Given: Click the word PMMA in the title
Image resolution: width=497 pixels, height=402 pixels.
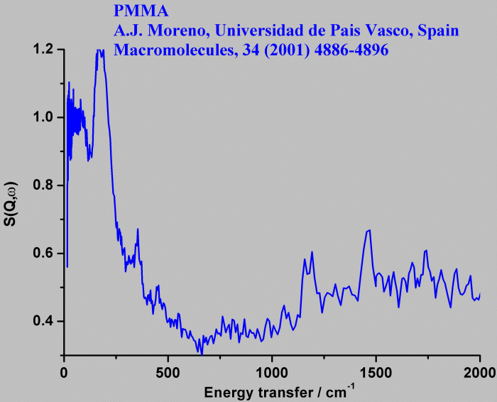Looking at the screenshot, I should click(x=135, y=12).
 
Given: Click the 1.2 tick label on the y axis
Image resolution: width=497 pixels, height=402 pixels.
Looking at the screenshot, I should click(x=44, y=50).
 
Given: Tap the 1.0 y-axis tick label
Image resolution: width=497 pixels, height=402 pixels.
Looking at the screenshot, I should click(x=44, y=117).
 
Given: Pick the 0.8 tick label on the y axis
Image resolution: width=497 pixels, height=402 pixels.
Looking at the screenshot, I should click(x=44, y=185).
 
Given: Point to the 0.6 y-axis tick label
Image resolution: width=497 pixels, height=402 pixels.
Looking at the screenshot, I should click(x=44, y=254).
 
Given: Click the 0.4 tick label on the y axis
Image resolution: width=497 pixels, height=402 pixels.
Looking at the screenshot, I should click(x=44, y=321).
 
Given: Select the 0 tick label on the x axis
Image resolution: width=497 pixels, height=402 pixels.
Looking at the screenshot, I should click(x=64, y=371).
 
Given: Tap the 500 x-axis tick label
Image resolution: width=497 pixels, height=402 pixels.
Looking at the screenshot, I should click(x=168, y=371).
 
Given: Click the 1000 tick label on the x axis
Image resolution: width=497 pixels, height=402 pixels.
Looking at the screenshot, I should click(x=271, y=371).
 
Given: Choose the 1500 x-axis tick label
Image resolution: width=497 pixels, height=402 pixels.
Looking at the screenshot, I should click(x=376, y=371).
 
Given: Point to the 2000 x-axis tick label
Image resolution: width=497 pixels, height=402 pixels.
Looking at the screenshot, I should click(x=479, y=371).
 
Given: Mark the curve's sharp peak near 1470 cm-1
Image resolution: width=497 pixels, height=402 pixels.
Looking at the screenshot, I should click(x=368, y=231).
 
